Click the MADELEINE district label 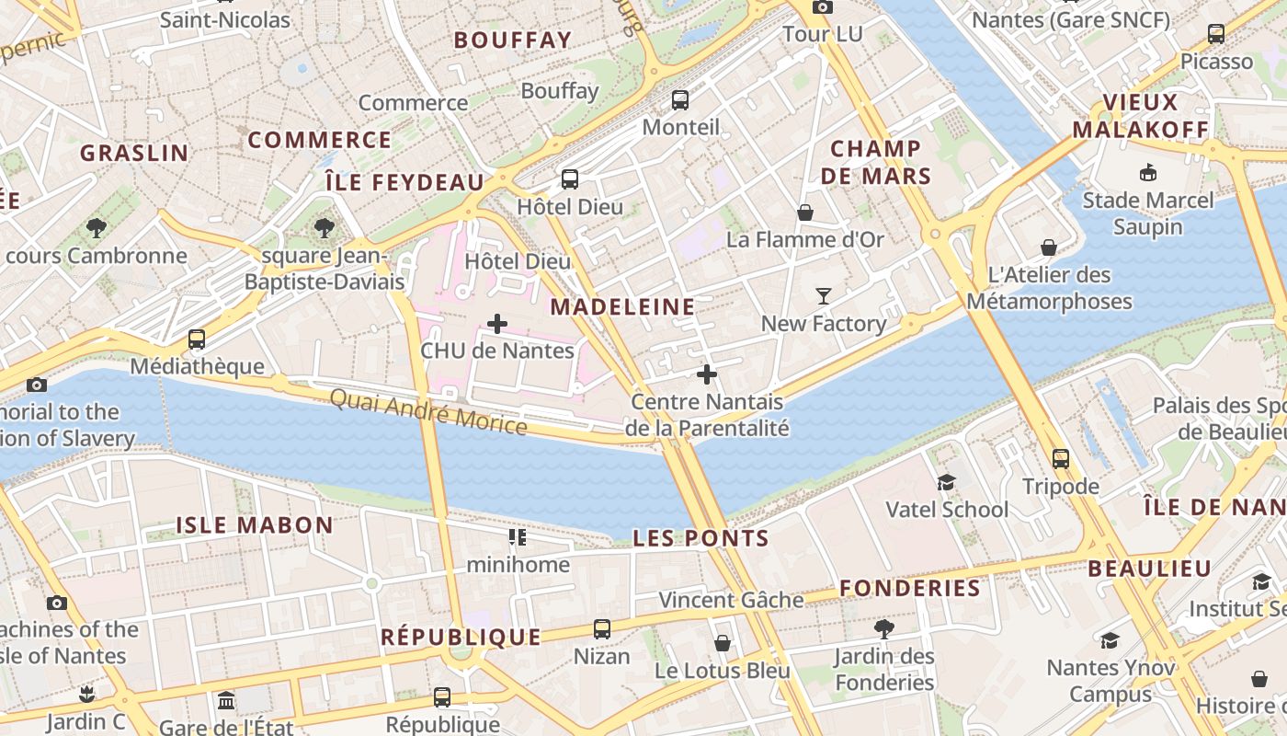622,307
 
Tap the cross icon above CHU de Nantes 497,324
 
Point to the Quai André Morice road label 428,412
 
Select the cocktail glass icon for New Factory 824,296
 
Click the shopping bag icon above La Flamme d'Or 805,213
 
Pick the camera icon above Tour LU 822,7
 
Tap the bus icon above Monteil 680,100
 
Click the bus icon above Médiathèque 197,339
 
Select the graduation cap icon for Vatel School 946,482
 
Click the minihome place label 518,564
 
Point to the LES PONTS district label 700,539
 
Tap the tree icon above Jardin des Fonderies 884,629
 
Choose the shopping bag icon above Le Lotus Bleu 723,643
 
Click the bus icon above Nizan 602,629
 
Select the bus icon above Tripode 1061,458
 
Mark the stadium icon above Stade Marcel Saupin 1148,172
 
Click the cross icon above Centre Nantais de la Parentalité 707,374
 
